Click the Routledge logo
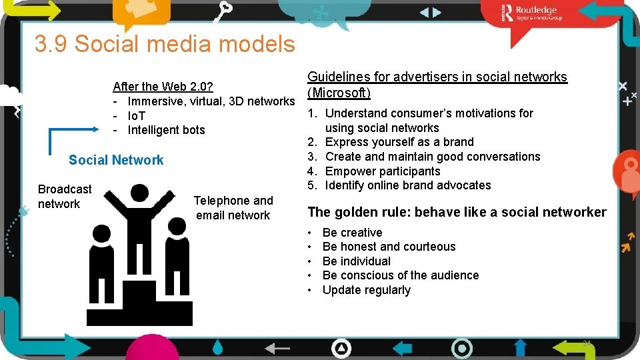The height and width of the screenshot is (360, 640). [533, 13]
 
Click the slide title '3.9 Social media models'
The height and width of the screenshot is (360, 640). [165, 44]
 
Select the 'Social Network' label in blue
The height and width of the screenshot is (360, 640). [116, 160]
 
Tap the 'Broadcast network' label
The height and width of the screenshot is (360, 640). [64, 197]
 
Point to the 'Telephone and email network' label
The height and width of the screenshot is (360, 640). [233, 208]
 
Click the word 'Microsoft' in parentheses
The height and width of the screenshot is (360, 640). [339, 93]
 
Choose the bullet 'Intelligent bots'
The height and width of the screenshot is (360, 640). [166, 130]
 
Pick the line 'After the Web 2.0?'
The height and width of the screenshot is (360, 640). [163, 86]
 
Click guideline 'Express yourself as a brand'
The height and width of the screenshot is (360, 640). [399, 142]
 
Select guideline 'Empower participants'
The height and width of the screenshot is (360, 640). [382, 171]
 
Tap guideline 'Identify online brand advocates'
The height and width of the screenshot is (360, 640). [407, 185]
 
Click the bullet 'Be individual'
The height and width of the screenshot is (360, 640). [356, 261]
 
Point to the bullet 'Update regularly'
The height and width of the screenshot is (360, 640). [366, 290]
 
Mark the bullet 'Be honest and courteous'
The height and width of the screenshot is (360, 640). [389, 247]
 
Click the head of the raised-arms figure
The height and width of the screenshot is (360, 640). [139, 194]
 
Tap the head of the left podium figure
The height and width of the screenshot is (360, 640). [101, 234]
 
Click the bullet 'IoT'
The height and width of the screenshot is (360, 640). [141, 116]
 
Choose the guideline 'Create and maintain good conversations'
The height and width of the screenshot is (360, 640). [432, 157]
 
